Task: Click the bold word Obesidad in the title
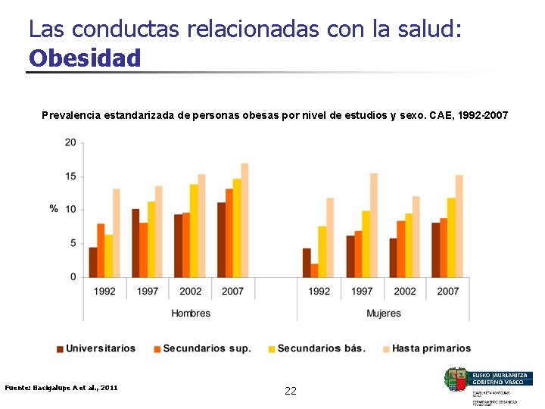[85, 58]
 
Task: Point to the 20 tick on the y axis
[70, 142]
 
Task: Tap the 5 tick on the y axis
[73, 244]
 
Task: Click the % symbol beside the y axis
[54, 209]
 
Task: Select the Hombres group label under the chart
[191, 314]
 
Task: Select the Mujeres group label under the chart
[383, 314]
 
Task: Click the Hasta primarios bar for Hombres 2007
[244, 220]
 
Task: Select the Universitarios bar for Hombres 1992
[93, 262]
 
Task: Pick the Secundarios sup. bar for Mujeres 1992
[314, 270]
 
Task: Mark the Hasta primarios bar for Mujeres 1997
[373, 225]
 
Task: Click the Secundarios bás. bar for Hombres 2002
[194, 230]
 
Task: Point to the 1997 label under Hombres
[148, 292]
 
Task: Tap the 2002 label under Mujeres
[405, 292]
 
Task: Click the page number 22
[291, 391]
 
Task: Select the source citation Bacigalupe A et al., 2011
[61, 387]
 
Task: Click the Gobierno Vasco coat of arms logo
[456, 379]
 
